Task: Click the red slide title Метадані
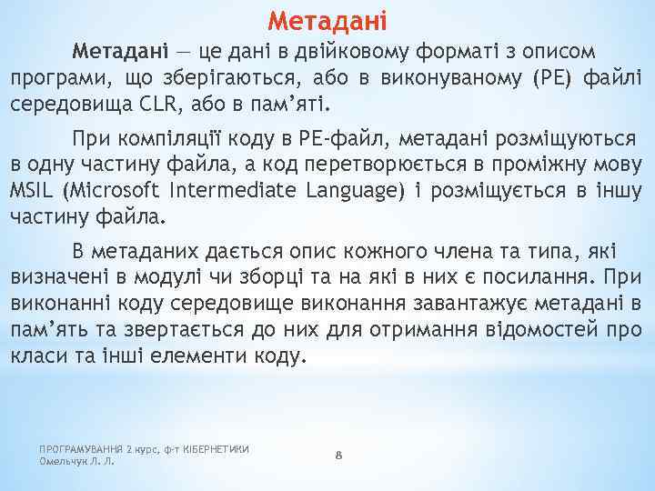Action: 327,18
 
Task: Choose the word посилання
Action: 541,275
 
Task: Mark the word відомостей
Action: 561,328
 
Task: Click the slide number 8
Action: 338,455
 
